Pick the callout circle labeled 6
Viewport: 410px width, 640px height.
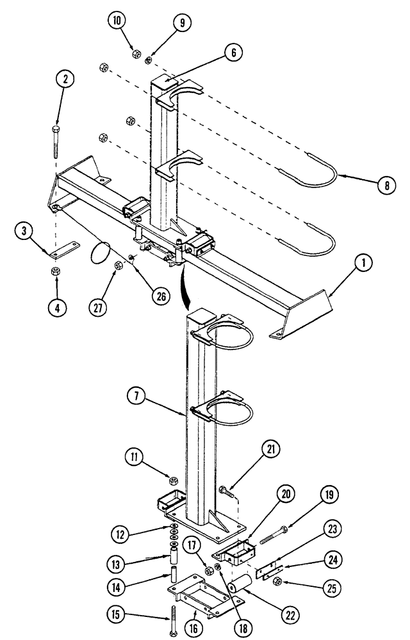coord(234,53)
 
